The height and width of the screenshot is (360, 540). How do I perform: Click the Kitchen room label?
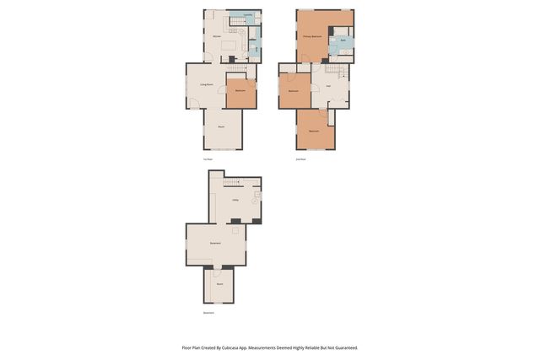click(217, 37)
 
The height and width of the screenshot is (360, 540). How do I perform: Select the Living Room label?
click(207, 84)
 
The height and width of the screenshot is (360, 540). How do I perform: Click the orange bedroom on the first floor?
click(240, 90)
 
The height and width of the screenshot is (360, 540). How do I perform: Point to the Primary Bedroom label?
click(313, 37)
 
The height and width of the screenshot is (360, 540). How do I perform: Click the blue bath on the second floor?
click(343, 40)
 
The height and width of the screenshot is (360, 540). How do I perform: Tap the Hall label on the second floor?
click(328, 86)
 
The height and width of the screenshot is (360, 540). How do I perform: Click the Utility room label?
click(235, 199)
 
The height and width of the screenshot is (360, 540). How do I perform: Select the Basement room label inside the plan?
click(215, 243)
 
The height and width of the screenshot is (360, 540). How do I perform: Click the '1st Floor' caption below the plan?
click(208, 159)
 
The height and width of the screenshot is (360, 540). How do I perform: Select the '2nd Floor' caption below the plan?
click(300, 159)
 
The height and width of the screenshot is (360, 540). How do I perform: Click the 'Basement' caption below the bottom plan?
click(208, 313)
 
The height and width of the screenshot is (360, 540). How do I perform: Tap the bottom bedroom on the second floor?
click(314, 131)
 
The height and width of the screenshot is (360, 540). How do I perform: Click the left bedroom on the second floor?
click(294, 90)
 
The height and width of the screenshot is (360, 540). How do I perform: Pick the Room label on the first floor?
click(221, 126)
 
